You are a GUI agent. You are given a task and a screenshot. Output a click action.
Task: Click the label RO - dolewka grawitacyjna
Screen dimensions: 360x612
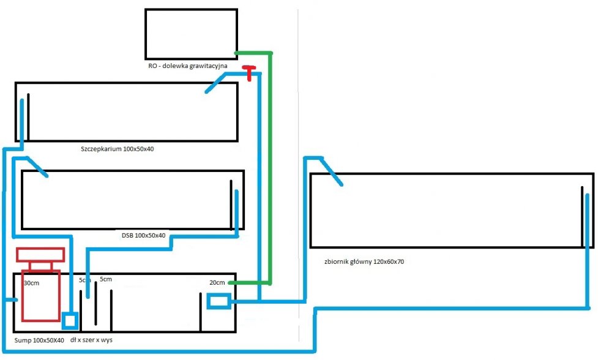tap(188, 65)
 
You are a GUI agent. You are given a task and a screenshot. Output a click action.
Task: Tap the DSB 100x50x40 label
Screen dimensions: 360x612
tap(143, 235)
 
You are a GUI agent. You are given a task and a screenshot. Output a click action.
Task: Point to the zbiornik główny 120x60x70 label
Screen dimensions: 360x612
tap(364, 261)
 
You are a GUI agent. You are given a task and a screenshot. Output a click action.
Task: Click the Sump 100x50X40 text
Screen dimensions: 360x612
tap(39, 340)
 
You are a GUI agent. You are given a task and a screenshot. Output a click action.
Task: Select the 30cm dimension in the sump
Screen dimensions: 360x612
tap(32, 283)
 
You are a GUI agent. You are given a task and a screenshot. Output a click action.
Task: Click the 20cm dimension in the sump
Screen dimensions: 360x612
tap(217, 282)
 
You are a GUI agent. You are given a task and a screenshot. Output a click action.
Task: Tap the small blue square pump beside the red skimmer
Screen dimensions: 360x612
tap(70, 320)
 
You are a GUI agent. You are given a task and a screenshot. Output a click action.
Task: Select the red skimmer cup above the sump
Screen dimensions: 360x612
tap(40, 253)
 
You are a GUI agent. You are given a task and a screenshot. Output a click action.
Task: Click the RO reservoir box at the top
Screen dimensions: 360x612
tap(191, 34)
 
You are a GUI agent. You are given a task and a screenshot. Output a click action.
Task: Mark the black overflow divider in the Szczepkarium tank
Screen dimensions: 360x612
tap(28, 116)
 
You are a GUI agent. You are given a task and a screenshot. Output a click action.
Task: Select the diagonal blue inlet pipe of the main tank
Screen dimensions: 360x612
tap(331, 171)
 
